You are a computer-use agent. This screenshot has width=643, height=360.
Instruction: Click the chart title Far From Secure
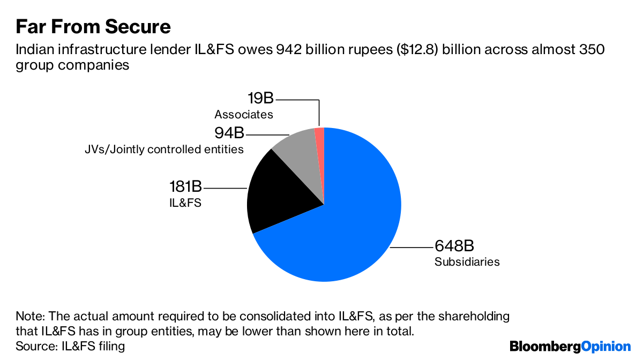pyautogui.click(x=93, y=26)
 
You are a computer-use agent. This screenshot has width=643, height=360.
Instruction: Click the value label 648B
pyautogui.click(x=454, y=246)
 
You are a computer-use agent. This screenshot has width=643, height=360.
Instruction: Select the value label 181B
pyautogui.click(x=185, y=187)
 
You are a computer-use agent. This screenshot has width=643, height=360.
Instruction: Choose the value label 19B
pyautogui.click(x=260, y=99)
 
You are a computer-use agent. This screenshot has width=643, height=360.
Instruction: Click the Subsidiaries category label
pyautogui.click(x=467, y=262)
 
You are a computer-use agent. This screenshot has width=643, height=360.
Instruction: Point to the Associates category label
pyautogui.click(x=244, y=115)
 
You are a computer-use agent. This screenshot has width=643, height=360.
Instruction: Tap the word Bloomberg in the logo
pyautogui.click(x=545, y=347)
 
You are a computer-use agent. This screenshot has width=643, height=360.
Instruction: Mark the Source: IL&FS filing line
pyautogui.click(x=70, y=346)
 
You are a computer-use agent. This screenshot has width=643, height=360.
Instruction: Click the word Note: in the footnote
pyautogui.click(x=31, y=316)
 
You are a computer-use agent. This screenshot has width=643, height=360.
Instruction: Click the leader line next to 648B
pyautogui.click(x=412, y=247)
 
